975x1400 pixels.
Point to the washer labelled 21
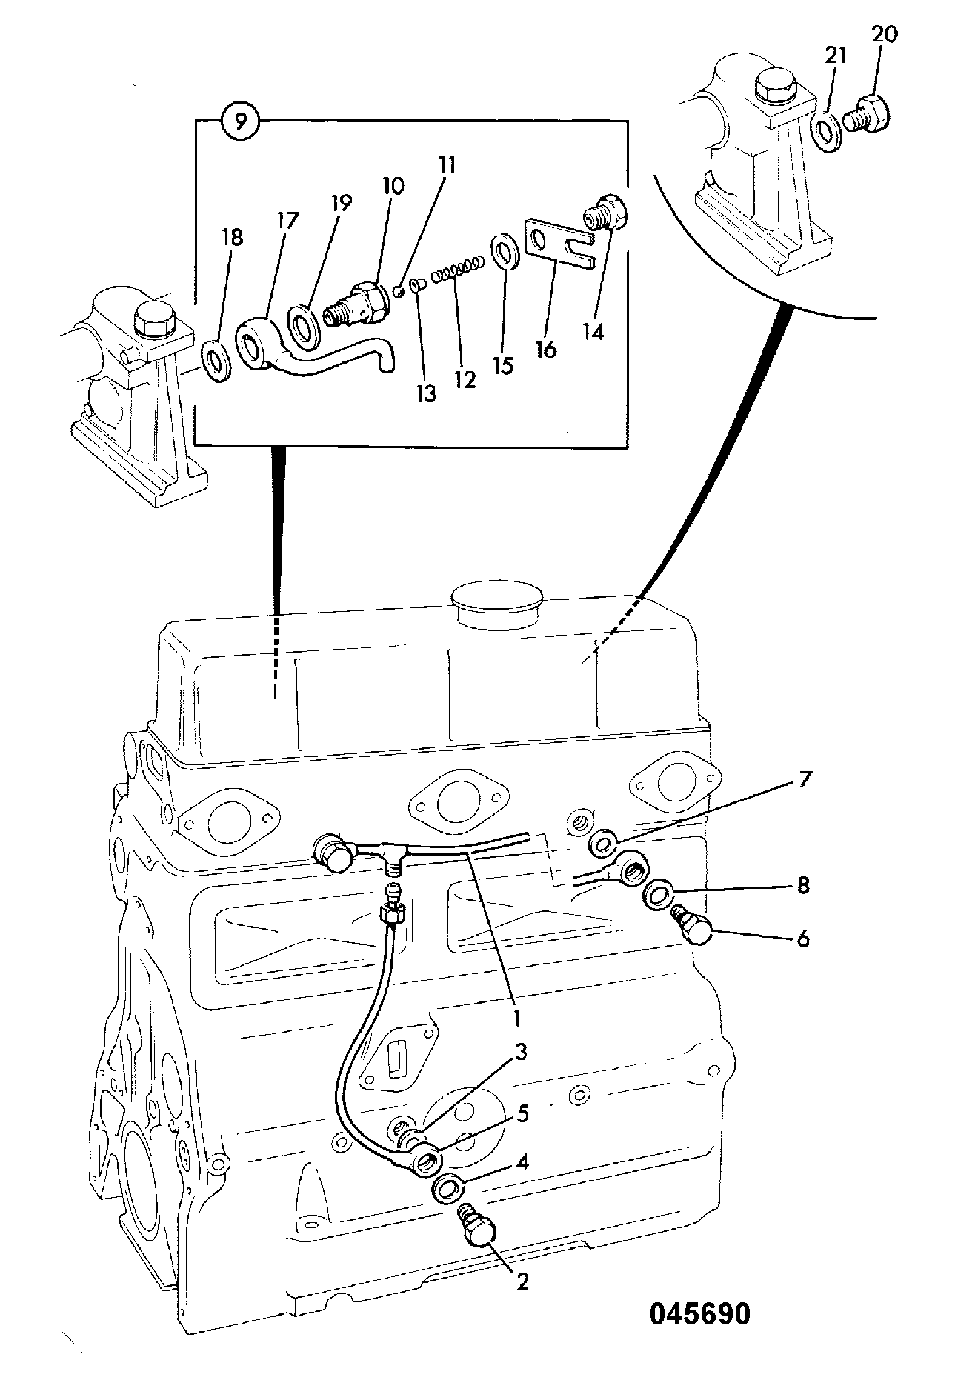tap(830, 132)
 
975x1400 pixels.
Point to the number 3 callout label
tap(522, 1051)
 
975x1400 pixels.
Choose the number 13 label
tap(427, 394)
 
